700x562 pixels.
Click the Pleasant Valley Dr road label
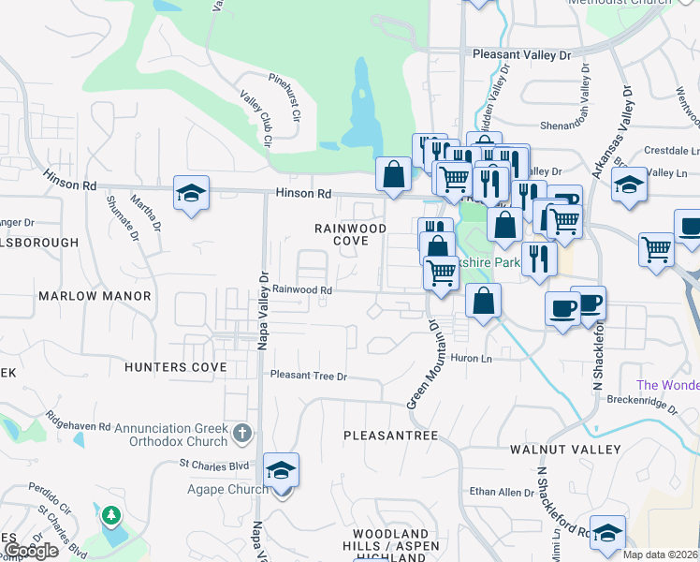click(521, 55)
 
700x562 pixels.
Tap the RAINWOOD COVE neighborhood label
click(350, 234)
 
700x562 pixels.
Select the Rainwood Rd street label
click(302, 290)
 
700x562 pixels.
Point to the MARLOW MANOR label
click(95, 296)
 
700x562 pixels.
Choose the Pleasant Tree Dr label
click(309, 376)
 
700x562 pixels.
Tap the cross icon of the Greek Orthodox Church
click(242, 433)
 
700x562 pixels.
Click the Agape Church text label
click(208, 489)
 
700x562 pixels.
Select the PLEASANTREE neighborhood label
click(390, 436)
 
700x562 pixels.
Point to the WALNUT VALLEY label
click(564, 450)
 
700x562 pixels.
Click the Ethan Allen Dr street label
click(495, 492)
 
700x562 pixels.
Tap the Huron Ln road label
click(471, 359)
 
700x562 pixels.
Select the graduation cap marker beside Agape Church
click(281, 471)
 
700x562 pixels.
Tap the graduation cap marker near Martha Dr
click(192, 194)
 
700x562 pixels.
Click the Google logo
click(30, 551)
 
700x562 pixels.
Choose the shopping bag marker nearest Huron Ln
click(483, 302)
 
